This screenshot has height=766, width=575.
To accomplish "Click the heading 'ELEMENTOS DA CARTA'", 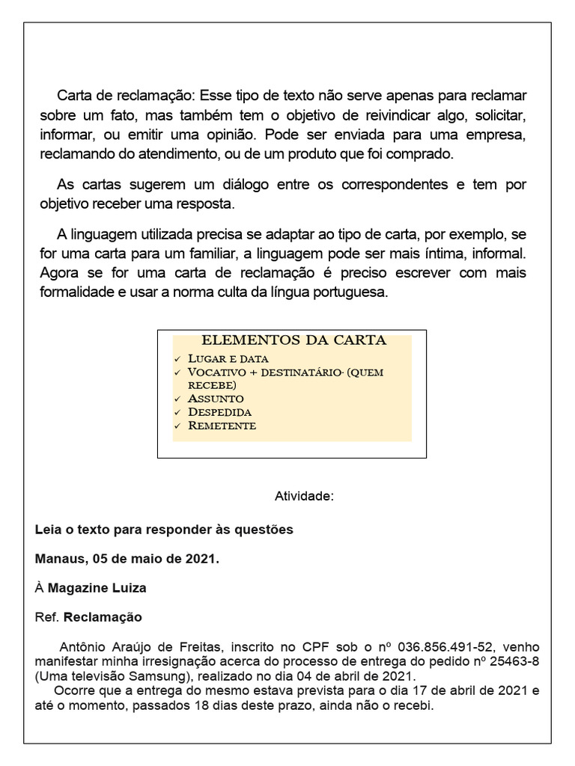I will [x=294, y=340].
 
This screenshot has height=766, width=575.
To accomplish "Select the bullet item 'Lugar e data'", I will [x=228, y=358].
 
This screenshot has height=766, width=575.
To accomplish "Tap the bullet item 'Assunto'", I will [x=216, y=398].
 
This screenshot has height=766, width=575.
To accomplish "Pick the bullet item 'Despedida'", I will [x=219, y=411].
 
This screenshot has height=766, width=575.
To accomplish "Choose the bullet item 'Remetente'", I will [x=222, y=426].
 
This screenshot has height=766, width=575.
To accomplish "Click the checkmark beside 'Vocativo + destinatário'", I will [x=177, y=373].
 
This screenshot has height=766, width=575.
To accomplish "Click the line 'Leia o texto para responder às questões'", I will [x=164, y=529].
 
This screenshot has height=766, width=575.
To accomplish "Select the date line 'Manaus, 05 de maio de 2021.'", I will [x=127, y=558].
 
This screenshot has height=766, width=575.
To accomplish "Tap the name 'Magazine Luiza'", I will [x=97, y=588].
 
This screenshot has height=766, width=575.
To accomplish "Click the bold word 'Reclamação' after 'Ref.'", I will [x=103, y=618].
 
